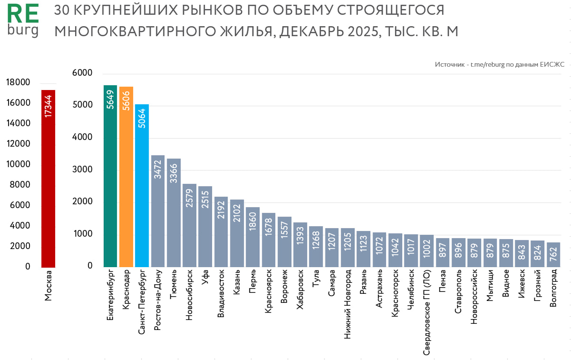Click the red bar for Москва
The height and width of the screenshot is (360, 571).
coord(48,179)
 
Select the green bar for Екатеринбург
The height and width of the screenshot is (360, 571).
coord(110,176)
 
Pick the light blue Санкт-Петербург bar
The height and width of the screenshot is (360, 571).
coord(142,186)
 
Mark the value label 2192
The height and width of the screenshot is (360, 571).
coord(221,209)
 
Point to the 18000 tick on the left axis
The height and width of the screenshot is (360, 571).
coord(18,82)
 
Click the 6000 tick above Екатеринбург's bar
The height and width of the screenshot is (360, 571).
coord(82,73)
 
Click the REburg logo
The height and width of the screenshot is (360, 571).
coord(23,22)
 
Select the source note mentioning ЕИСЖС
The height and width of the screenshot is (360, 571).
coord(499,64)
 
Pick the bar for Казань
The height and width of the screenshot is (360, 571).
coord(237,233)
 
